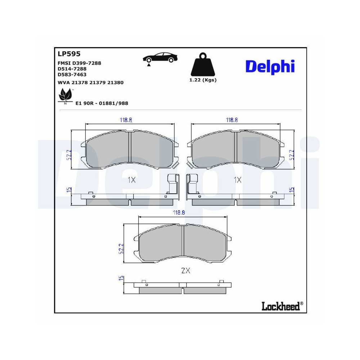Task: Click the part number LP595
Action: point(69,54)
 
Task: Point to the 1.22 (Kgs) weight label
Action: point(203,80)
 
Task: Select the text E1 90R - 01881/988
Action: point(102,103)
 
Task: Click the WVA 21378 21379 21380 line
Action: point(90,82)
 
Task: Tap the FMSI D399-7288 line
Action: point(79,63)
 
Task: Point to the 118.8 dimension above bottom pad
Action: point(179,213)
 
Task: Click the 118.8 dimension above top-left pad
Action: point(126,120)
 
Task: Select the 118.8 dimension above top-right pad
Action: point(231,120)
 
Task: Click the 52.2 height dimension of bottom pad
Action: point(121,249)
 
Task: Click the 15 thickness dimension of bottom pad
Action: point(121,278)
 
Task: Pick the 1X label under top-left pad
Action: point(131,180)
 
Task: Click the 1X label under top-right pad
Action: point(237,180)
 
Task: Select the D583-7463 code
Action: point(72,75)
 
